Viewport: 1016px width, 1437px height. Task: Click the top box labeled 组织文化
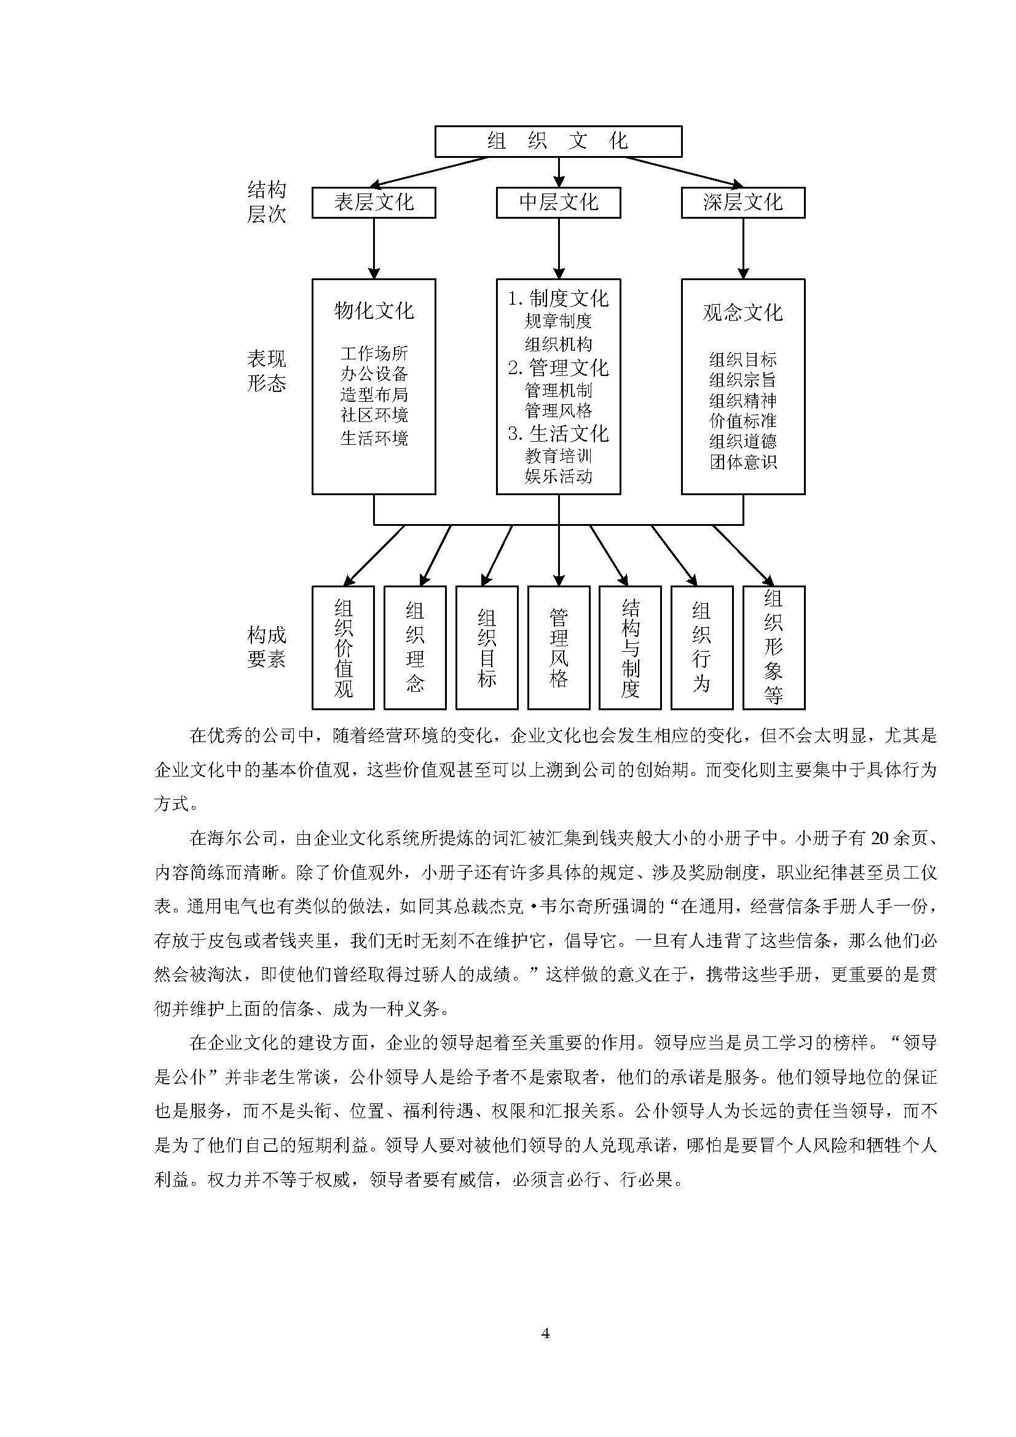tap(557, 141)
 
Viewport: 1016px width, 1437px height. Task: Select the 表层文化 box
tap(374, 202)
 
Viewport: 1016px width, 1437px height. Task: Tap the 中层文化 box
tap(557, 202)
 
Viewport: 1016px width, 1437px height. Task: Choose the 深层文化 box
tap(742, 202)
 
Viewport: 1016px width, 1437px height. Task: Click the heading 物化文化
tap(374, 310)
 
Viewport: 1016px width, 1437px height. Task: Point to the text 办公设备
tap(374, 374)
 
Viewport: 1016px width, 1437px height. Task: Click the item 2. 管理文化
tap(557, 367)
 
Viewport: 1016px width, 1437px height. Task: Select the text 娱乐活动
tap(557, 476)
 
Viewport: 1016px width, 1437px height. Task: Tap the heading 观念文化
tap(742, 312)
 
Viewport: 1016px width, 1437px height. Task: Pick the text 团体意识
tap(742, 462)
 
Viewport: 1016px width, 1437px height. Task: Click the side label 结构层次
tap(267, 202)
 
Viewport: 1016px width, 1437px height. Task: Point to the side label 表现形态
tap(267, 370)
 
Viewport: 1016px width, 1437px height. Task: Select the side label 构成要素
tap(267, 646)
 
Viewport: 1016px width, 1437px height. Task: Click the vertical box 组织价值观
tap(343, 647)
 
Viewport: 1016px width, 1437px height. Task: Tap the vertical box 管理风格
tap(558, 647)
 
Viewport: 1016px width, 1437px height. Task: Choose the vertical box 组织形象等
tap(773, 647)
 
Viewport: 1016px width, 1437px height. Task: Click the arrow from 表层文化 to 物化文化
tap(374, 248)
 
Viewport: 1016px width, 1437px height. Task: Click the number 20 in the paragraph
tap(880, 838)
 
